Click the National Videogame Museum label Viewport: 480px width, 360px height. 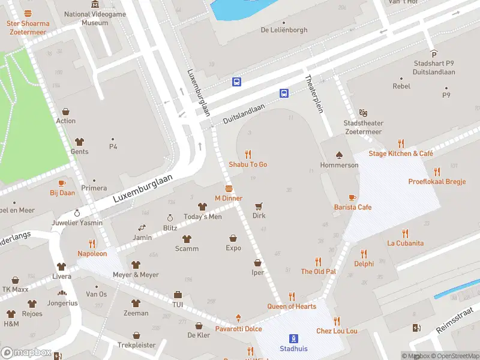coord(94,18)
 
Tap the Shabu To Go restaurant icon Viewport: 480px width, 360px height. coord(248,154)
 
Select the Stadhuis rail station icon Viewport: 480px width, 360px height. coord(294,338)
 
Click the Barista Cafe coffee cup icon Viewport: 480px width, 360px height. coord(352,197)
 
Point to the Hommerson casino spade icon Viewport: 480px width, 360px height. coord(339,155)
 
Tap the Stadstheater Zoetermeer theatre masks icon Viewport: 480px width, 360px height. coord(363,113)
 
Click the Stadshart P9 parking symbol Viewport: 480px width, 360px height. coord(434,53)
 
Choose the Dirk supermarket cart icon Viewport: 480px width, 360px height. coord(259,205)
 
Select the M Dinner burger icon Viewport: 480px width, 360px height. coord(229,188)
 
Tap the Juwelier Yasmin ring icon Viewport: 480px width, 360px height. coord(76,213)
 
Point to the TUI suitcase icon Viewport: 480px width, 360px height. coord(178,295)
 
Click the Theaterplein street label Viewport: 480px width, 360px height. coord(314,92)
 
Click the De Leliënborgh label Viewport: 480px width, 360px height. coord(284,30)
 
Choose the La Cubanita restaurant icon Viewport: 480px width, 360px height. coord(405,233)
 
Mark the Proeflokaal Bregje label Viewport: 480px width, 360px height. coord(437,181)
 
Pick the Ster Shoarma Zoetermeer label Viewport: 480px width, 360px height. coord(28,23)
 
